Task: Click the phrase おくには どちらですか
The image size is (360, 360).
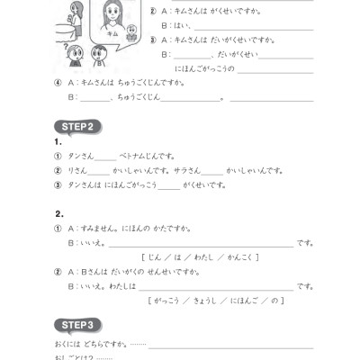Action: pyautogui.click(x=90, y=344)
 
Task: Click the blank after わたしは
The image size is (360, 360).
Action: pyautogui.click(x=216, y=286)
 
